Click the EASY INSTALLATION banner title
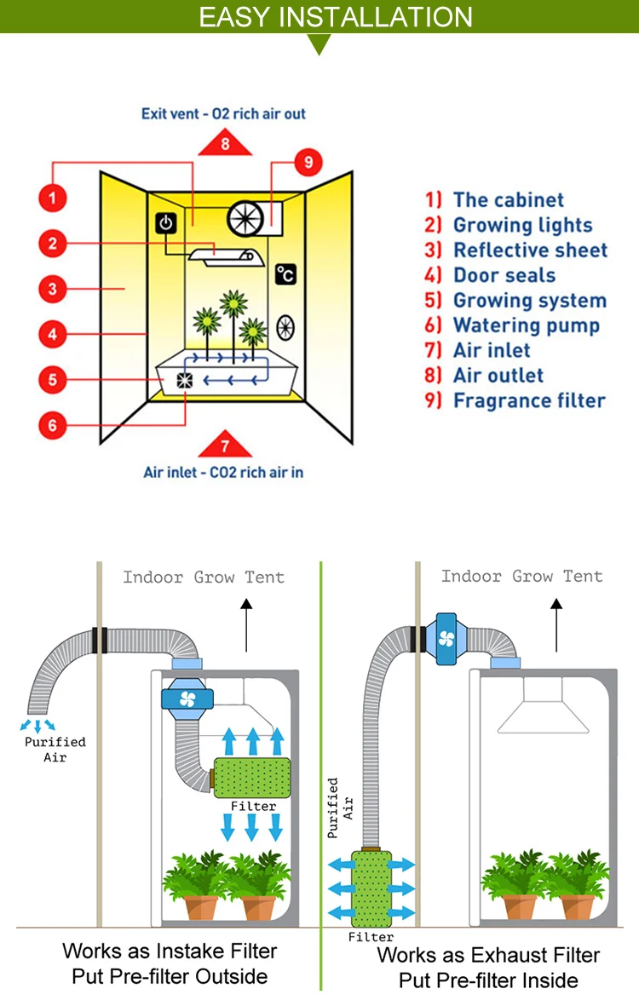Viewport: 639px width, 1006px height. point(335,17)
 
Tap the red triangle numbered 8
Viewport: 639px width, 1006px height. point(225,142)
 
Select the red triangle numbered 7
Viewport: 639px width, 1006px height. point(225,445)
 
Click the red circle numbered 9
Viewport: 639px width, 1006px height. point(308,161)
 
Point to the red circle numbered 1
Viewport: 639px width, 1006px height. point(53,199)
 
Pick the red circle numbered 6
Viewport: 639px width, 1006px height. point(53,424)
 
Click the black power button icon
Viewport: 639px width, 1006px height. point(166,224)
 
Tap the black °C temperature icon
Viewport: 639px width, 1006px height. point(286,274)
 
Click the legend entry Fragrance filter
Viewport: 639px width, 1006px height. point(515,400)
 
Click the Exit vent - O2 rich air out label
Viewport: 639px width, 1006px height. point(223,113)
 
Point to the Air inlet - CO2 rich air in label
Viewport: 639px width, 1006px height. point(223,472)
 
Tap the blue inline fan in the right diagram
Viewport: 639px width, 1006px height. point(447,637)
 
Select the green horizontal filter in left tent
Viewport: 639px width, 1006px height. point(252,777)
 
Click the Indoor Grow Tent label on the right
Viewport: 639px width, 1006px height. point(521,577)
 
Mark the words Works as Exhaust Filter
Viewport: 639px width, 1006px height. point(488,955)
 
